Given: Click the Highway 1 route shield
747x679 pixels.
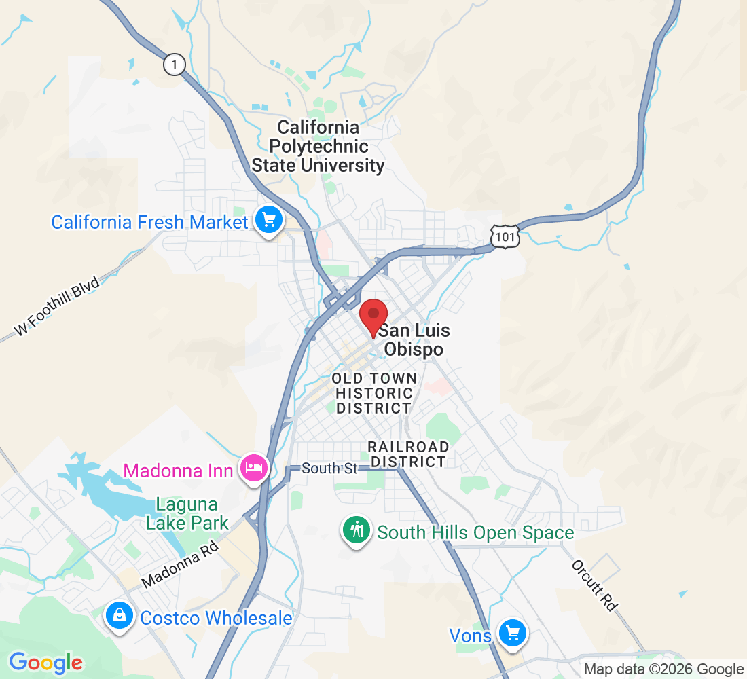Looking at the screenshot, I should click(x=175, y=65).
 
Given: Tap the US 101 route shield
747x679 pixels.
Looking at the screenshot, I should click(x=506, y=236).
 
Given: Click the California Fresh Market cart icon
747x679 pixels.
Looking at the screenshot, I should click(x=269, y=220).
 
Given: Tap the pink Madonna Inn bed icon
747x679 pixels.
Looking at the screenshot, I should click(x=254, y=469).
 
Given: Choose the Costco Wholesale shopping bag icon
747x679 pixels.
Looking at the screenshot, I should click(x=120, y=616).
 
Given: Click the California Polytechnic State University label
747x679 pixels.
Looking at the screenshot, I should click(x=318, y=146).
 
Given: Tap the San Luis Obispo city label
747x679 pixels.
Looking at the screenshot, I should click(x=414, y=340).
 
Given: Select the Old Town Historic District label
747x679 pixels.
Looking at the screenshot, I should click(x=374, y=393).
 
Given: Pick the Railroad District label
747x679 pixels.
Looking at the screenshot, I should click(x=407, y=454).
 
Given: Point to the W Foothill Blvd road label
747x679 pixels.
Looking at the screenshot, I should click(x=58, y=306).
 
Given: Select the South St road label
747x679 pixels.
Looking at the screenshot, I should click(x=329, y=469).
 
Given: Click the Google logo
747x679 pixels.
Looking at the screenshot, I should click(x=45, y=662).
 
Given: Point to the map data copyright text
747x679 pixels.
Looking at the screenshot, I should click(x=663, y=669).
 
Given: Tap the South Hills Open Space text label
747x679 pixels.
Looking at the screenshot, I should click(x=475, y=533).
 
